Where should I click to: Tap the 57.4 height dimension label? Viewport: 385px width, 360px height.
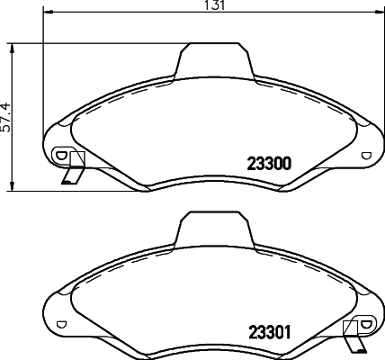click(5, 116)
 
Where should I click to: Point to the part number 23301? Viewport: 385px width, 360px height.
click(267, 330)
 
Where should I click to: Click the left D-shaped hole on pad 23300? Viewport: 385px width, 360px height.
click(60, 155)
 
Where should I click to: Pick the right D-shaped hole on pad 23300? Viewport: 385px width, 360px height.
click(365, 155)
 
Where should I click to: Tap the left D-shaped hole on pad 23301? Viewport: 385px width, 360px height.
click(60, 323)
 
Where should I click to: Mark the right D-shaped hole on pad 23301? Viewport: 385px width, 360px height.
click(365, 323)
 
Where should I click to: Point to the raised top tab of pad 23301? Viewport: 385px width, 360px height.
click(213, 229)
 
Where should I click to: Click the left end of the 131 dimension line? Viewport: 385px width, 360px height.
click(42, 13)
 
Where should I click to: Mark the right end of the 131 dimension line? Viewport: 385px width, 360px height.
click(382, 13)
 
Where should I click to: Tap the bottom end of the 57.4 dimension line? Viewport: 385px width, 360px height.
click(12, 191)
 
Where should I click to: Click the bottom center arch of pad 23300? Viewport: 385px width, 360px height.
click(213, 176)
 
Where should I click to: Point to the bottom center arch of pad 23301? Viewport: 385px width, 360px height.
click(213, 345)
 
